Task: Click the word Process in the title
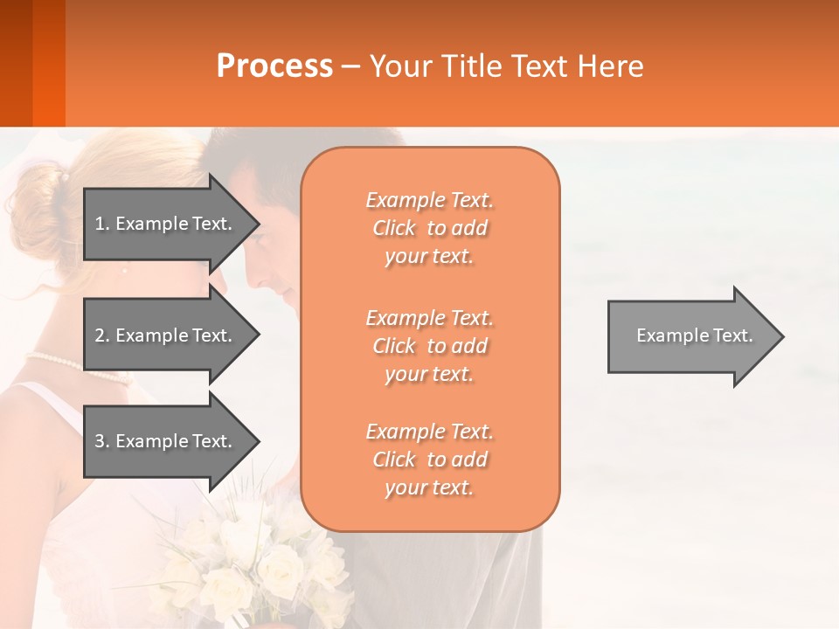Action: (x=274, y=66)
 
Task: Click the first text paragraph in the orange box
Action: (x=429, y=228)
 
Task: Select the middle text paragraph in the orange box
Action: (x=429, y=346)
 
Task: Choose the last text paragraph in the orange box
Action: (x=429, y=460)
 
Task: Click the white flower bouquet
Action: (x=253, y=559)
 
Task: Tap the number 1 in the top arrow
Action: (x=100, y=224)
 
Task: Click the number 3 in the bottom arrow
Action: (x=100, y=441)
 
